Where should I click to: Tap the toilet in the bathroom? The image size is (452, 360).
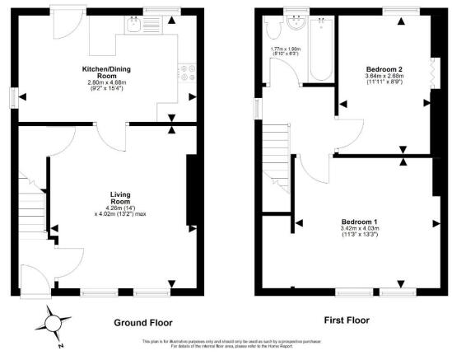point(274,31)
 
